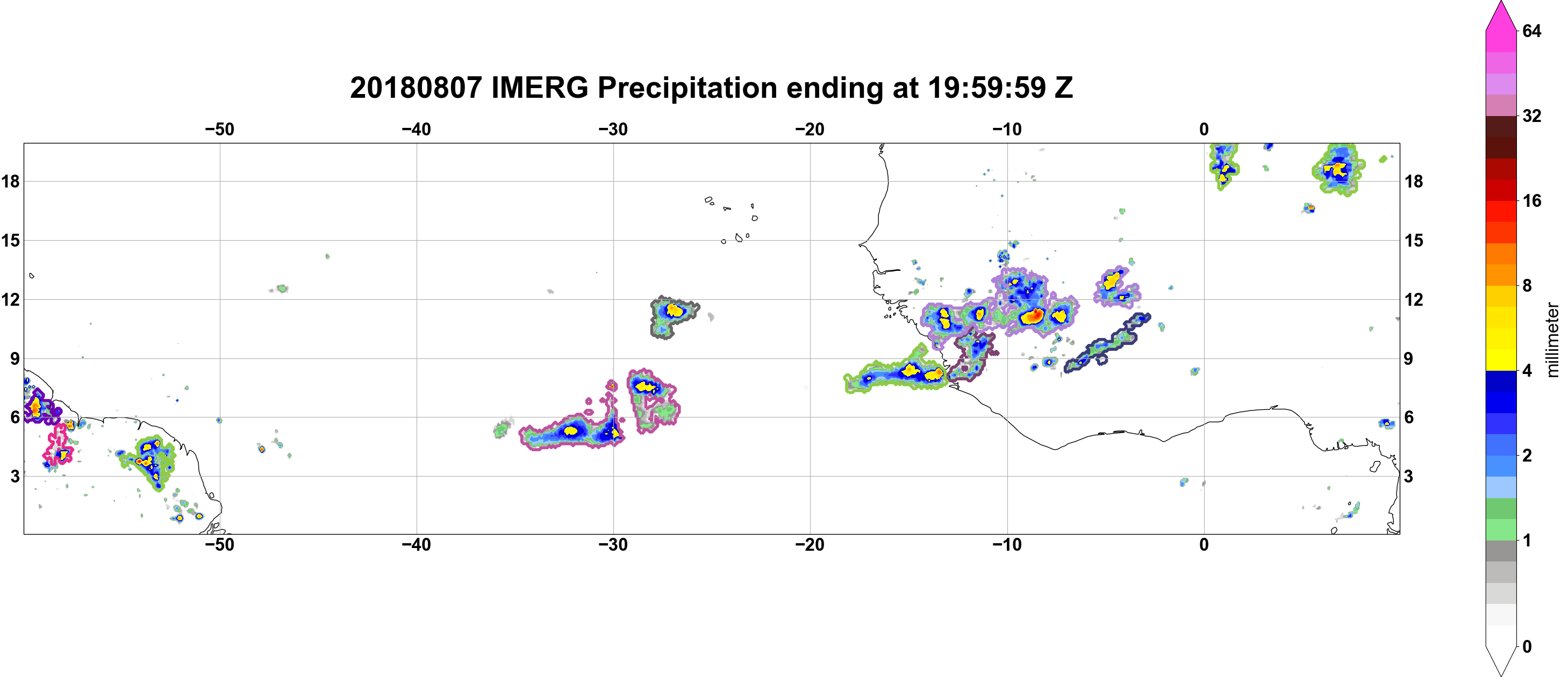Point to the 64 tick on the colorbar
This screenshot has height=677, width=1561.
[1532, 31]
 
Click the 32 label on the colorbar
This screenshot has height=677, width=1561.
[1532, 116]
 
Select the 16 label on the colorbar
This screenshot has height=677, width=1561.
[1532, 200]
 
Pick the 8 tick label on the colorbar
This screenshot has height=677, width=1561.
[1527, 285]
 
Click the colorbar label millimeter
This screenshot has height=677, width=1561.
[1552, 340]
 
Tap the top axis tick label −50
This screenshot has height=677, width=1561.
[219, 129]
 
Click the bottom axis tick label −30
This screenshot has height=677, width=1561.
[613, 544]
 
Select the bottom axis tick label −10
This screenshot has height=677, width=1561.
[1007, 544]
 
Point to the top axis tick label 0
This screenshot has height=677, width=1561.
[1204, 129]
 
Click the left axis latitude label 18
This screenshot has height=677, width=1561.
[10, 181]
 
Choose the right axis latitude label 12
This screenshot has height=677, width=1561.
[1414, 299]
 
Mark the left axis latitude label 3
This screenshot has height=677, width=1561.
[15, 476]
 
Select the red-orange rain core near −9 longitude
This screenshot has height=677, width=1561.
[1033, 315]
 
